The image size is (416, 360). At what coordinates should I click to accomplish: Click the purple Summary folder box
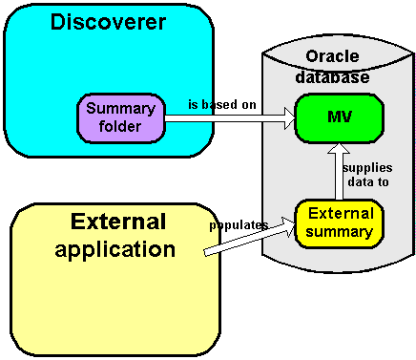pyautogui.click(x=120, y=117)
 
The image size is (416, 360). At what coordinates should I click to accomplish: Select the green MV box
pyautogui.click(x=339, y=118)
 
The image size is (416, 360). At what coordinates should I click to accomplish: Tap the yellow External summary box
pyautogui.click(x=339, y=222)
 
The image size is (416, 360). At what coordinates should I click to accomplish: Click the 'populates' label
pyautogui.click(x=239, y=225)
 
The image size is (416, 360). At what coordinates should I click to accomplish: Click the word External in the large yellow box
pyautogui.click(x=118, y=222)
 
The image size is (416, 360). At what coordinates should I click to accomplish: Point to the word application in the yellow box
pyautogui.click(x=115, y=250)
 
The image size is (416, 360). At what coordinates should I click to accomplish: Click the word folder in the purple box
pyautogui.click(x=120, y=125)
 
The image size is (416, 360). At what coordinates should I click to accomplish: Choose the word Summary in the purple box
pyautogui.click(x=120, y=109)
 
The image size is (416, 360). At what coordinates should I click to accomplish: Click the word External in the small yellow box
pyautogui.click(x=339, y=213)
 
